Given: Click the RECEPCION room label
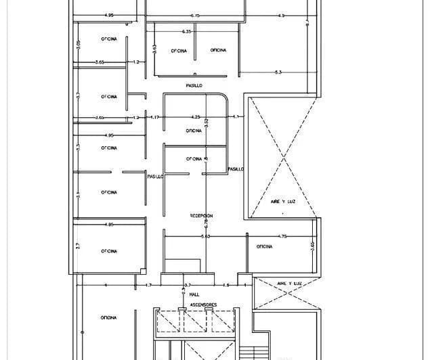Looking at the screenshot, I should (201, 215).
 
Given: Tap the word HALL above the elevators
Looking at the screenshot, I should (194, 295).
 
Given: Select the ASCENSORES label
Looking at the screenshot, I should (202, 305).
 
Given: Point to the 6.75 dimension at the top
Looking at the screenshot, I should (195, 15).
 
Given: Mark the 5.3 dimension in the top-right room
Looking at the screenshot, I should (278, 72).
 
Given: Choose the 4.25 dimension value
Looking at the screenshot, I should (196, 116).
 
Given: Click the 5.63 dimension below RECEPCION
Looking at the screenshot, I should (205, 236).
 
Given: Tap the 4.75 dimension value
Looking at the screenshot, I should (283, 236).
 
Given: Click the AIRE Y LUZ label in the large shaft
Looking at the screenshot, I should (283, 201).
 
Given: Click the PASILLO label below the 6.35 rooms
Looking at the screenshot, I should (194, 85).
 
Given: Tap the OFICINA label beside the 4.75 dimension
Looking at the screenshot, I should (264, 246).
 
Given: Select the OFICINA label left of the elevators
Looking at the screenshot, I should (108, 317).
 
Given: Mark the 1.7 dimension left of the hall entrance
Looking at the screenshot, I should (148, 286).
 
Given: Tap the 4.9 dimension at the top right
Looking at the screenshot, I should (281, 15).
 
